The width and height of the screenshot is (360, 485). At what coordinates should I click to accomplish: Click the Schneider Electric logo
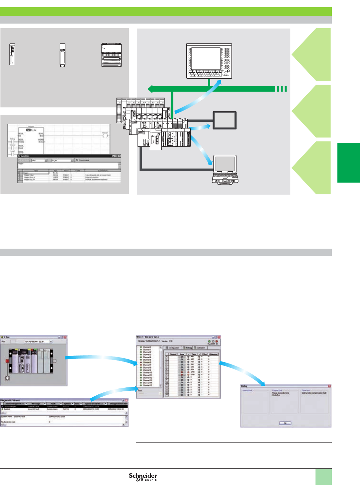(143, 477)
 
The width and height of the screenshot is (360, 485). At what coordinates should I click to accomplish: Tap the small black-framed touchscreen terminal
(225, 121)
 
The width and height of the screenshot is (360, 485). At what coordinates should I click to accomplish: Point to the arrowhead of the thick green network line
(150, 89)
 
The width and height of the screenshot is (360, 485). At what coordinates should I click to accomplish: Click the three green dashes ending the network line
(281, 89)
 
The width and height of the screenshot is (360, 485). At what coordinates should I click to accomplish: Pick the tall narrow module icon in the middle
(62, 55)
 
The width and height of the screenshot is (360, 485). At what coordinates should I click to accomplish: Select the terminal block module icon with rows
(112, 55)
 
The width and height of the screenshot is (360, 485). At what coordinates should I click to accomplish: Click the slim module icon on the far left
(12, 54)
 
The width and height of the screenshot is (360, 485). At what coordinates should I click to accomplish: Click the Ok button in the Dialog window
(285, 423)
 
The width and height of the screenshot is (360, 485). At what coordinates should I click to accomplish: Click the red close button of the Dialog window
(329, 386)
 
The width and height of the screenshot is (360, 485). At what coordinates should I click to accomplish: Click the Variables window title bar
(66, 156)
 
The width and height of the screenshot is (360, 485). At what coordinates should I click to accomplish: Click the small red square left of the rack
(7, 361)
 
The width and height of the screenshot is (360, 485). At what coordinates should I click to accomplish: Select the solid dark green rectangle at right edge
(349, 163)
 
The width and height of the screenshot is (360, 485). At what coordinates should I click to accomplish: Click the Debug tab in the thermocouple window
(188, 348)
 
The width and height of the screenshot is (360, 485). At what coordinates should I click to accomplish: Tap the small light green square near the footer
(323, 477)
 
